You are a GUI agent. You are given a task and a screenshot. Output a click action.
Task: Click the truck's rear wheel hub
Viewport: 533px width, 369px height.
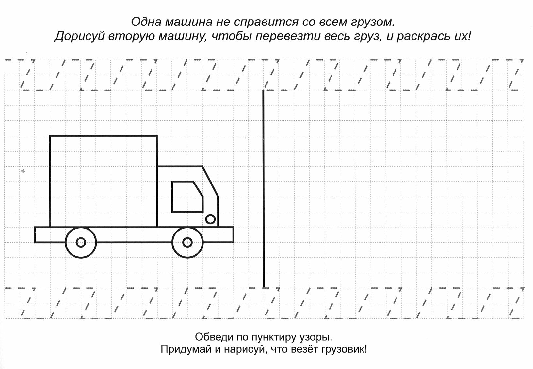click(81, 242)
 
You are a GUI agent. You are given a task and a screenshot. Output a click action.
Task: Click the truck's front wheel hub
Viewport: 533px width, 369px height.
click(187, 242)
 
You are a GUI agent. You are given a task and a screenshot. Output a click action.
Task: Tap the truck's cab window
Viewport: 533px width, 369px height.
click(186, 197)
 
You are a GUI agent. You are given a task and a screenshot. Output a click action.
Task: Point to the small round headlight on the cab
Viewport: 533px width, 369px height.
click(211, 219)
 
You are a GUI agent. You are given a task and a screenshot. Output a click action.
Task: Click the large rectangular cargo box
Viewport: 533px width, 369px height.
click(104, 181)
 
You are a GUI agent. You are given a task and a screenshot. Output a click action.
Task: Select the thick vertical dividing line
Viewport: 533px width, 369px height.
click(263, 189)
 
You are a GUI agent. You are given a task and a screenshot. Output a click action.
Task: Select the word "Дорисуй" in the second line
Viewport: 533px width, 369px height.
click(77, 37)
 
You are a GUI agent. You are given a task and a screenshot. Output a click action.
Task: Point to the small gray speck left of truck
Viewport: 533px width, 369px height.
click(23, 171)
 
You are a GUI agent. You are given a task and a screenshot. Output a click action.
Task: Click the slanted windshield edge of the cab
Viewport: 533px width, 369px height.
click(210, 182)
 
